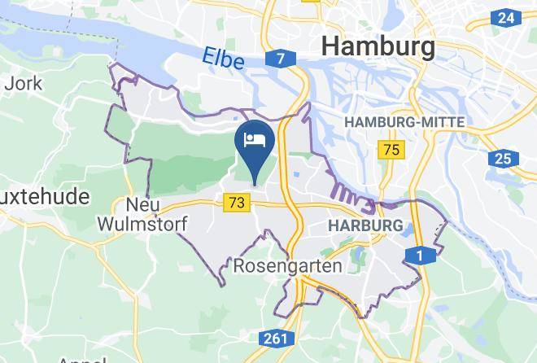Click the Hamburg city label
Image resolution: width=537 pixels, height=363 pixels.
[378, 46]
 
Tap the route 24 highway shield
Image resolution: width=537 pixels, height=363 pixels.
[505, 17]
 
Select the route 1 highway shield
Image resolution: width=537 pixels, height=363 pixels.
[420, 256]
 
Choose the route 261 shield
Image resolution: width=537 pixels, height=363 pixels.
[276, 337]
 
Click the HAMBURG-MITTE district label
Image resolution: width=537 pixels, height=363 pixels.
[405, 121]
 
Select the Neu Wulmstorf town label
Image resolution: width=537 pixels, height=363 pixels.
[142, 212]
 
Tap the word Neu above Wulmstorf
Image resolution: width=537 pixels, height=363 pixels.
[142, 203]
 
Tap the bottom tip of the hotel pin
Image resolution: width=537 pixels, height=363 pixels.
[255, 184]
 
